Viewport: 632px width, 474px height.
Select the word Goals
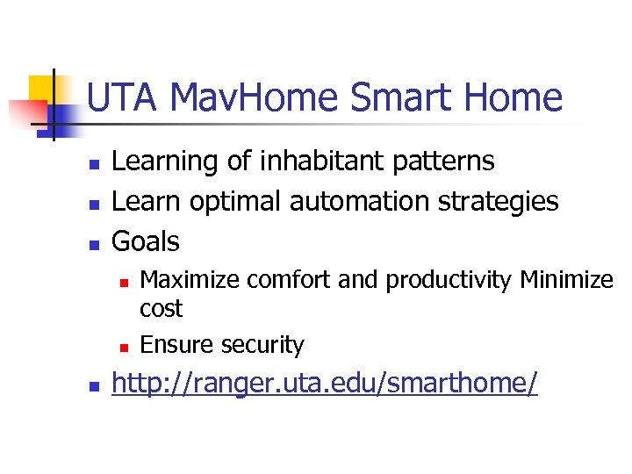click(x=146, y=241)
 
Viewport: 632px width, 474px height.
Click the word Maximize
click(x=190, y=280)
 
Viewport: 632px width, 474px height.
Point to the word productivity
click(x=449, y=280)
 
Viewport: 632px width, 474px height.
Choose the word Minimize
click(x=567, y=280)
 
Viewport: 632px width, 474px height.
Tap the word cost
click(x=161, y=309)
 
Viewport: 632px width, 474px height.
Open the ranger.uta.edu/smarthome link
click(x=325, y=384)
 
